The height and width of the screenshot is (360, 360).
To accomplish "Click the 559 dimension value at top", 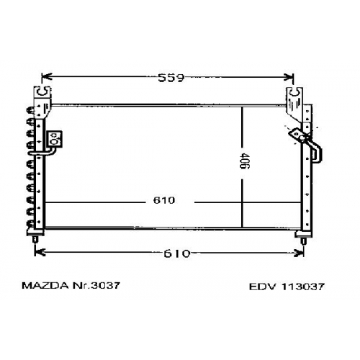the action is pos(171,78).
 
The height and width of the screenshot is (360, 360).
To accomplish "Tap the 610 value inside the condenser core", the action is pos(164,200).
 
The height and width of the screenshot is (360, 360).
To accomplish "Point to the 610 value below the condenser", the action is pos(177,253).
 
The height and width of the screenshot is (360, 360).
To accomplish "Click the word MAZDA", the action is pos(45,286).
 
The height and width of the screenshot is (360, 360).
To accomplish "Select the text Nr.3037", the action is pos(96,286).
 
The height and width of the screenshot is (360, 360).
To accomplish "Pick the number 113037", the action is pos(303,287).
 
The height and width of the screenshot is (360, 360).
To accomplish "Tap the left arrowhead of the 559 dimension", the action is pos(47,77).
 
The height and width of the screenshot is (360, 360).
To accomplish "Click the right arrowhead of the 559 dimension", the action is pos(289,77).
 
